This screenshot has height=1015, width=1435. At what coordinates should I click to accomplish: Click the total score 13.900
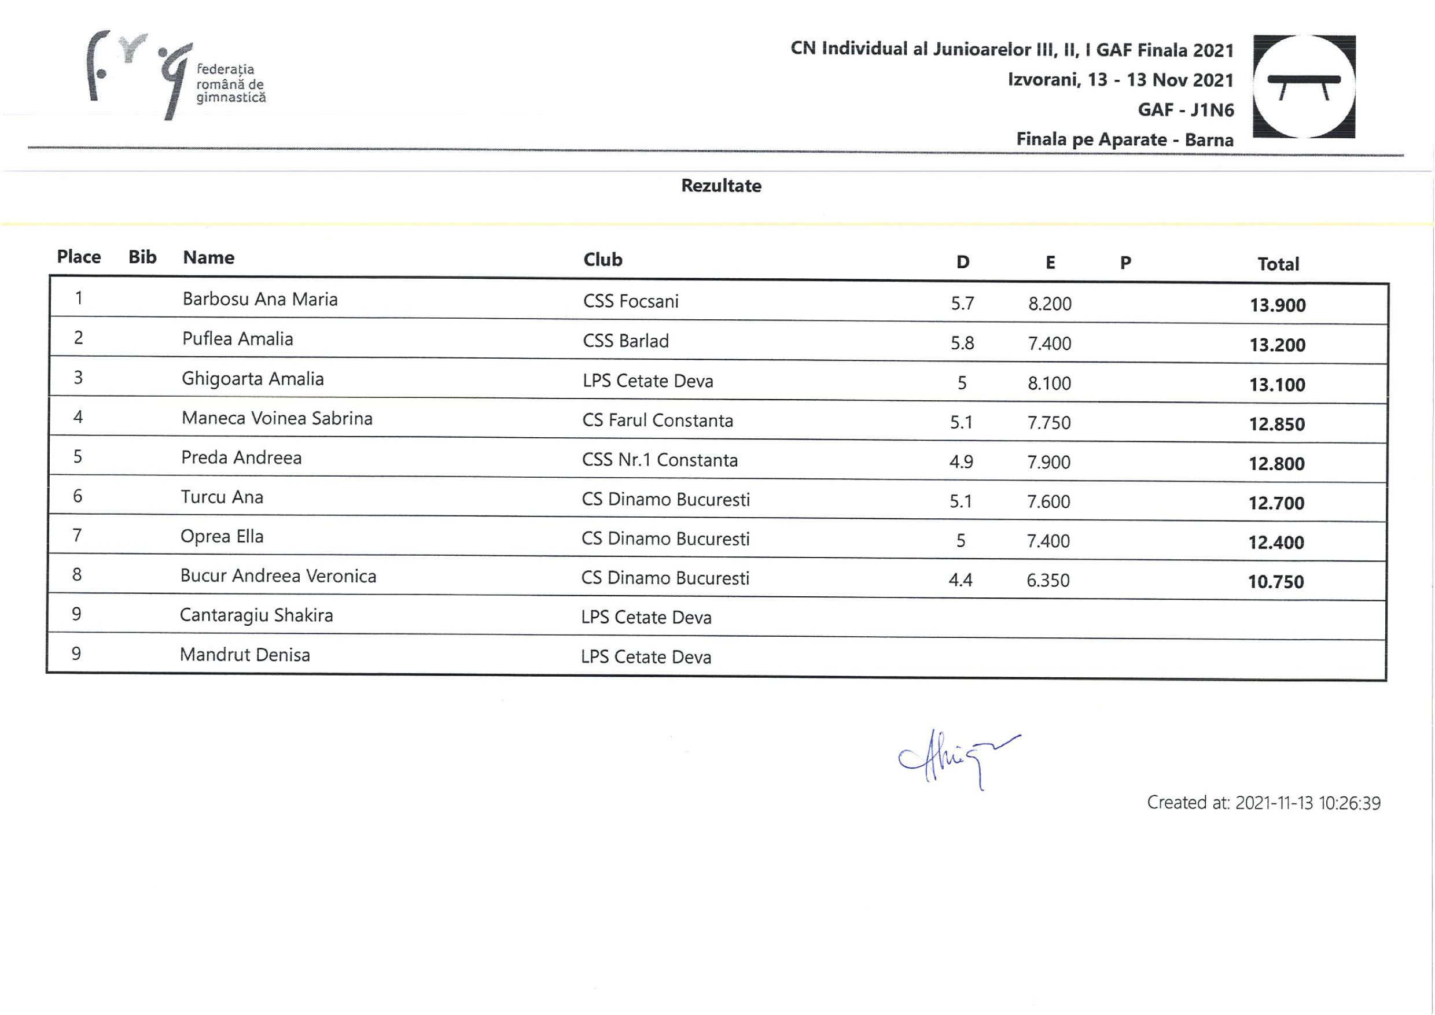click(x=1278, y=305)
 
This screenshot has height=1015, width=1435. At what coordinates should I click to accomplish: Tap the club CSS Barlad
click(x=625, y=341)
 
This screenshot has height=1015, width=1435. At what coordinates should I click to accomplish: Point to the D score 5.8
click(x=962, y=343)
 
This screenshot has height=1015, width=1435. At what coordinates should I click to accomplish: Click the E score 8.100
click(x=1049, y=383)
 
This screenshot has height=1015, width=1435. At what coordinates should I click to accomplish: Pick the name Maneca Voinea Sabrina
click(x=277, y=418)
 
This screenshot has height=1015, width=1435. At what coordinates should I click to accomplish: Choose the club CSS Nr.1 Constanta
click(x=659, y=460)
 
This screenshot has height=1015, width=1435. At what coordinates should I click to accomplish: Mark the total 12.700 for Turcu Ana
click(x=1276, y=503)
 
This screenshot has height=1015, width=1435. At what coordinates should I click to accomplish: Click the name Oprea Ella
click(x=222, y=537)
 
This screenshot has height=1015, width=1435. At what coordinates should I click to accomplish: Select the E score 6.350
click(x=1048, y=581)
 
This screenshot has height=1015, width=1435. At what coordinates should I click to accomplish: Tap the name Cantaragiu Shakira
click(x=256, y=615)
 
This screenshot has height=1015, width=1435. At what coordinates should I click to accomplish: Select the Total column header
click(x=1278, y=264)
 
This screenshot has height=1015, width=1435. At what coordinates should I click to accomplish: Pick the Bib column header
click(x=142, y=257)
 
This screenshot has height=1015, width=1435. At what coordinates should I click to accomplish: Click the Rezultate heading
click(x=721, y=186)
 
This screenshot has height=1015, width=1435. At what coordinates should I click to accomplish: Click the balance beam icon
click(x=1304, y=86)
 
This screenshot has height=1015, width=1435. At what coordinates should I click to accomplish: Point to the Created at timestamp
click(x=1263, y=803)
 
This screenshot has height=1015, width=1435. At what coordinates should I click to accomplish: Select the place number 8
click(x=77, y=575)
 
